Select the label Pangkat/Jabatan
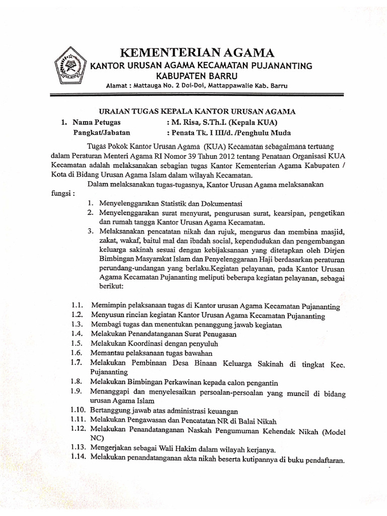101,133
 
